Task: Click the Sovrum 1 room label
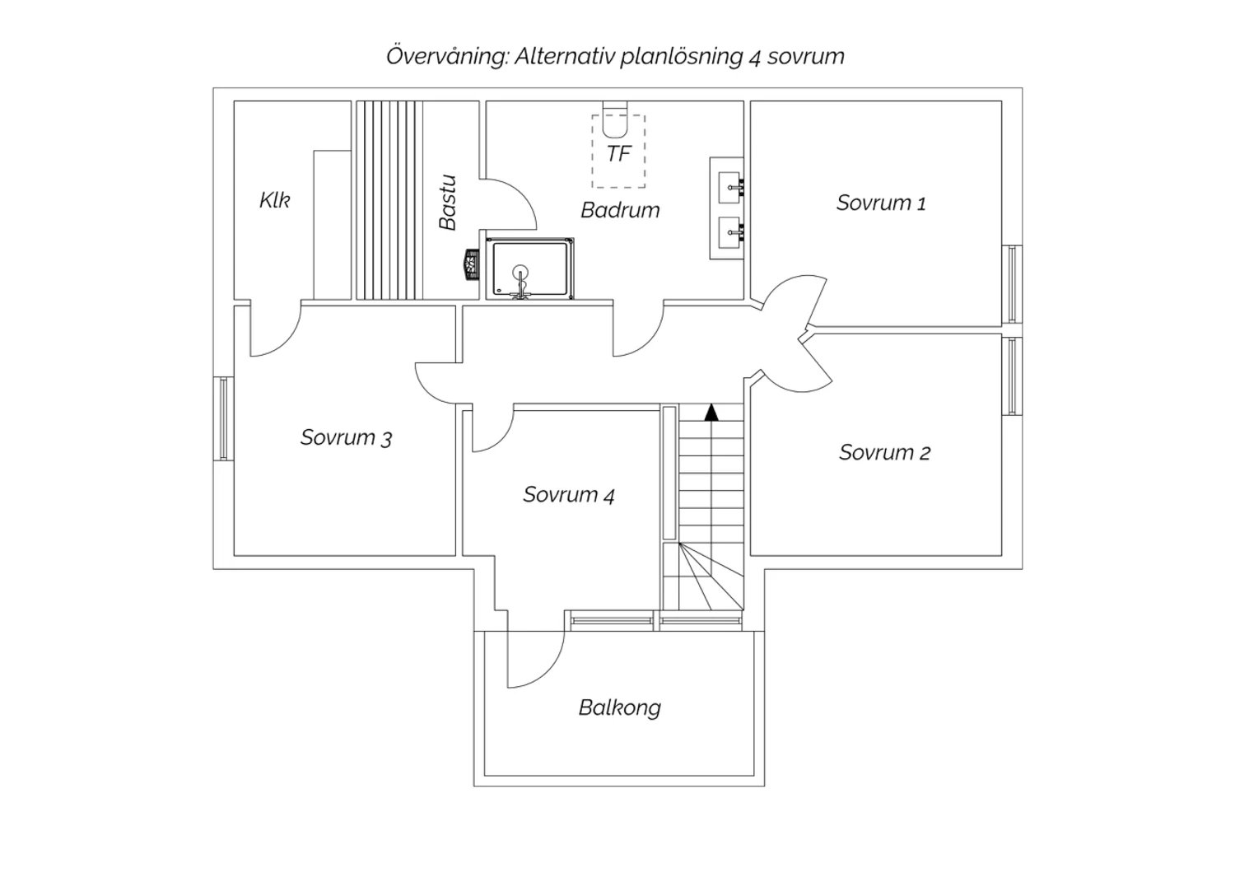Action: pos(881,203)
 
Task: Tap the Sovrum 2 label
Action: pos(884,453)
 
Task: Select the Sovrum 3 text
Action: pos(346,438)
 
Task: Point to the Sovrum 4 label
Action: pos(568,495)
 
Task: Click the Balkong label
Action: pos(620,708)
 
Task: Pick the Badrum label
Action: pos(620,210)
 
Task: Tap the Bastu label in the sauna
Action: pos(448,203)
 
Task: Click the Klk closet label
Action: pos(274,199)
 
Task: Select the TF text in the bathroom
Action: pos(618,154)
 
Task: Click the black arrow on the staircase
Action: pos(711,412)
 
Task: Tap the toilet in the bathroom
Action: pos(615,119)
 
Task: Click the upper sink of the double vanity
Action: pos(731,188)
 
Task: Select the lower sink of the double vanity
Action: pos(731,232)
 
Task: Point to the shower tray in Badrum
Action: pos(530,268)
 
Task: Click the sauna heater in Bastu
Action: pos(472,264)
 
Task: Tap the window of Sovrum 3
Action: pos(223,418)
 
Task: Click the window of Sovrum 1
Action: pos(1012,284)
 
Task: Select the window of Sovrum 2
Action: pos(1012,376)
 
